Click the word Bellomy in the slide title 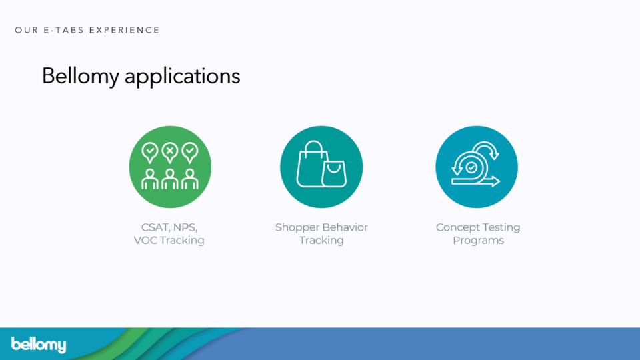click(x=81, y=76)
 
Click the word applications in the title click(x=183, y=77)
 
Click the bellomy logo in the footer click(x=39, y=345)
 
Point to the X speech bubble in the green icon click(x=170, y=153)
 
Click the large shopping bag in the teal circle click(x=311, y=164)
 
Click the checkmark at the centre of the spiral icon click(x=471, y=167)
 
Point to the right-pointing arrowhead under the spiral click(x=495, y=181)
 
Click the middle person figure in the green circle click(x=170, y=179)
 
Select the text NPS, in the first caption click(x=185, y=227)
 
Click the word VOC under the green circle click(x=145, y=241)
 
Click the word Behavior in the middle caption click(x=345, y=227)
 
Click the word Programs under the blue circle click(x=479, y=241)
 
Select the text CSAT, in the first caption click(x=155, y=227)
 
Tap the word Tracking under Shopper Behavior click(x=321, y=241)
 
